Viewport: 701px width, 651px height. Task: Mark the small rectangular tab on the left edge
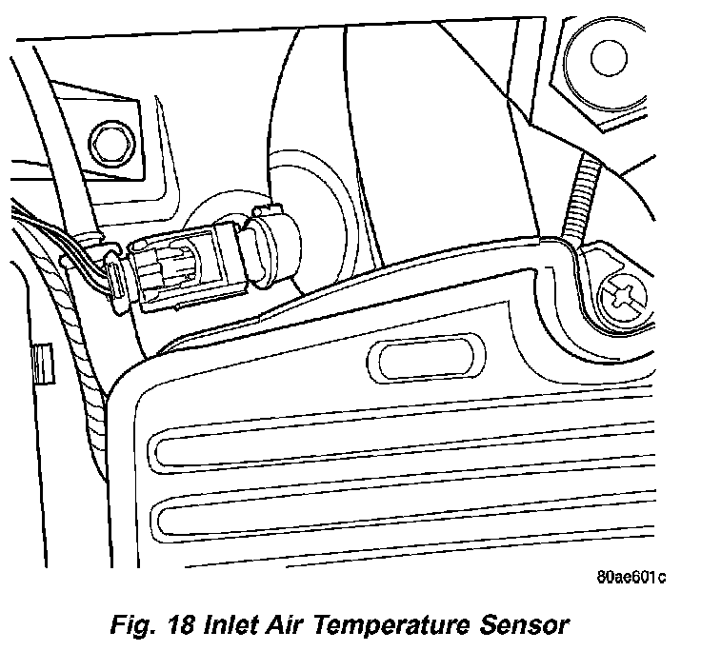40,363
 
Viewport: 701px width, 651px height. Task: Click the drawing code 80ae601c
631,579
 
